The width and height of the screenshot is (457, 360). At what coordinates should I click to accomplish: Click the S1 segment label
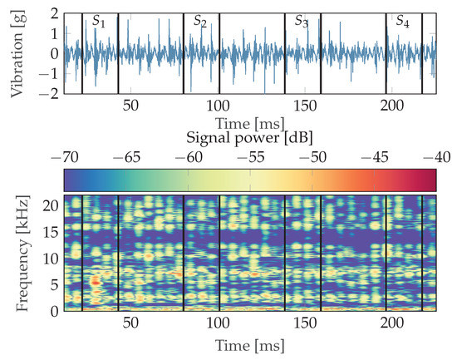click(x=99, y=21)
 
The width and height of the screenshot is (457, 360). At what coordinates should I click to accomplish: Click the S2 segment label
click(x=200, y=21)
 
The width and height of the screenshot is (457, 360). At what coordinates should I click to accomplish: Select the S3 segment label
click(x=302, y=21)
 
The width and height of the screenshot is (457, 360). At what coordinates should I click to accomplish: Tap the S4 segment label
click(x=402, y=21)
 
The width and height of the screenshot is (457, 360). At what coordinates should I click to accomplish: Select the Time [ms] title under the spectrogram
click(x=249, y=344)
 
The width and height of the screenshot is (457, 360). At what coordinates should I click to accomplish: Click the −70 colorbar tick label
click(x=63, y=157)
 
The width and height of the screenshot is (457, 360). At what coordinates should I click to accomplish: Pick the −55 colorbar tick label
click(x=250, y=157)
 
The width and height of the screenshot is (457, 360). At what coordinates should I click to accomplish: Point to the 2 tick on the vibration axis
click(x=52, y=14)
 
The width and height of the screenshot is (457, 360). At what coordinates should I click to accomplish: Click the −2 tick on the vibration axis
click(x=48, y=94)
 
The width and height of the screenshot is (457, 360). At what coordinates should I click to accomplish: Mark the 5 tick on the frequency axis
click(x=52, y=284)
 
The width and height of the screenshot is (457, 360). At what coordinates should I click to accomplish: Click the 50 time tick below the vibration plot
click(x=130, y=106)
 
